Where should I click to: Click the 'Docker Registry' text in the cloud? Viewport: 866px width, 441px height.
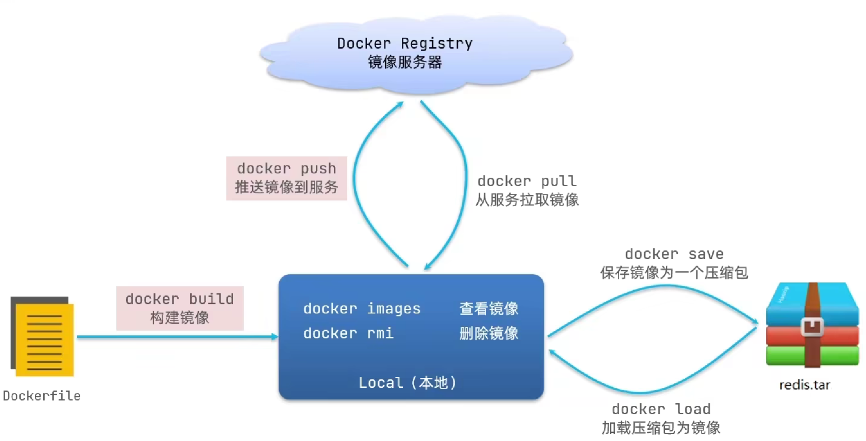coord(405,43)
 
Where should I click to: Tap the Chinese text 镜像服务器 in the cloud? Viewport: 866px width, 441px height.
coord(405,62)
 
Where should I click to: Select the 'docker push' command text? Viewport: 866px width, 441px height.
coord(286,169)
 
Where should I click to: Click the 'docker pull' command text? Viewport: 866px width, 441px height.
coord(527,181)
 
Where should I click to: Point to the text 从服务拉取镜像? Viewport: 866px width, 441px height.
coord(527,200)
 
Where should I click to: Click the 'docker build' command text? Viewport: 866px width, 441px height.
coord(180,299)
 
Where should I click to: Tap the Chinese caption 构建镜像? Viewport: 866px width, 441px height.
coord(180,318)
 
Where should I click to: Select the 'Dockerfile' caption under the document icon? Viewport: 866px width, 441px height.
coord(41,396)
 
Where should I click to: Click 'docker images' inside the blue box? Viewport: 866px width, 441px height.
coord(362,309)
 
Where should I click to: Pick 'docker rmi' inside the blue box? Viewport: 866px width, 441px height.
coord(348,333)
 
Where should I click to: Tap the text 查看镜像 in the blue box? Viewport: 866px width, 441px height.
coord(488,309)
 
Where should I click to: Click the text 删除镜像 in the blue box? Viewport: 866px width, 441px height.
coord(488,333)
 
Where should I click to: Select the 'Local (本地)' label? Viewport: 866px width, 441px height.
coord(407,383)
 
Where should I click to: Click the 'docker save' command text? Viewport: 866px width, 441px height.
coord(674,254)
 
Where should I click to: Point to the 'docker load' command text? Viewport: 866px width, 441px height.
coord(661,409)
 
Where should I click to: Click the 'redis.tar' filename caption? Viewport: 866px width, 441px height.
coord(805,385)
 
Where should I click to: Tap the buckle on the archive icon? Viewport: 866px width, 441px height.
coord(812,326)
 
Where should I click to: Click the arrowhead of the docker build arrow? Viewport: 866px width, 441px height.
coord(274,336)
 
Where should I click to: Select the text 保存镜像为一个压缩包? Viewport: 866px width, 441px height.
coord(674,273)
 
